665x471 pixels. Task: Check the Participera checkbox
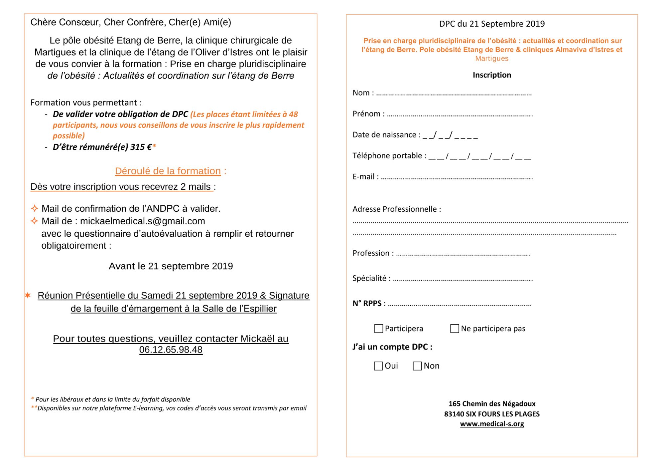click(378, 329)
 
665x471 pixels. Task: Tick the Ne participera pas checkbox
click(455, 329)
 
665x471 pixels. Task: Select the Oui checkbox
click(378, 366)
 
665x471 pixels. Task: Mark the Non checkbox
click(417, 366)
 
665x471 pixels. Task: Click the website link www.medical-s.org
click(492, 424)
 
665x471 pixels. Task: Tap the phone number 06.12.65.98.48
click(171, 350)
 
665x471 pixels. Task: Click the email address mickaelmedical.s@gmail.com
click(142, 221)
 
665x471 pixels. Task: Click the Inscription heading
click(492, 75)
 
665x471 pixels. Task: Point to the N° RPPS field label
click(367, 304)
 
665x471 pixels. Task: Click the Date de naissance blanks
click(450, 136)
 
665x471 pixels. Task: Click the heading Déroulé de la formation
click(168, 171)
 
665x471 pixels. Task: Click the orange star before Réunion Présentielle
click(28, 295)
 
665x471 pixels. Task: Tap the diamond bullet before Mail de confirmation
click(34, 208)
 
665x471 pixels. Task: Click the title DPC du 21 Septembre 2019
click(492, 24)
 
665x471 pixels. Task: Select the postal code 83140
click(454, 414)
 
